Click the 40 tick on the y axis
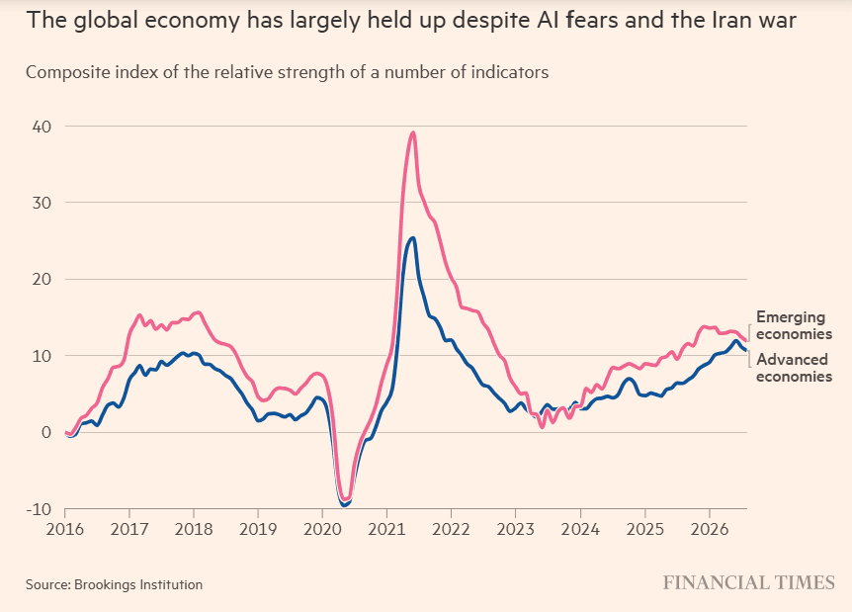[42, 127]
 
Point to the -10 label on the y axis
[39, 509]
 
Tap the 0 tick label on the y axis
[46, 433]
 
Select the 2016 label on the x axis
[65, 529]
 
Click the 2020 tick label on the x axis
[322, 529]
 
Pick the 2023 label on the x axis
[516, 529]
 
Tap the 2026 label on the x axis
[709, 529]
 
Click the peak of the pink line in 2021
[413, 132]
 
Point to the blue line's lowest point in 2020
[343, 505]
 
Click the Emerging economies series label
[794, 325]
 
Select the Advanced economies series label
[794, 368]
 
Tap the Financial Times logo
[749, 582]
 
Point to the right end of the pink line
[746, 341]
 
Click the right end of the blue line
[746, 351]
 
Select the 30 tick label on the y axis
[42, 203]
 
